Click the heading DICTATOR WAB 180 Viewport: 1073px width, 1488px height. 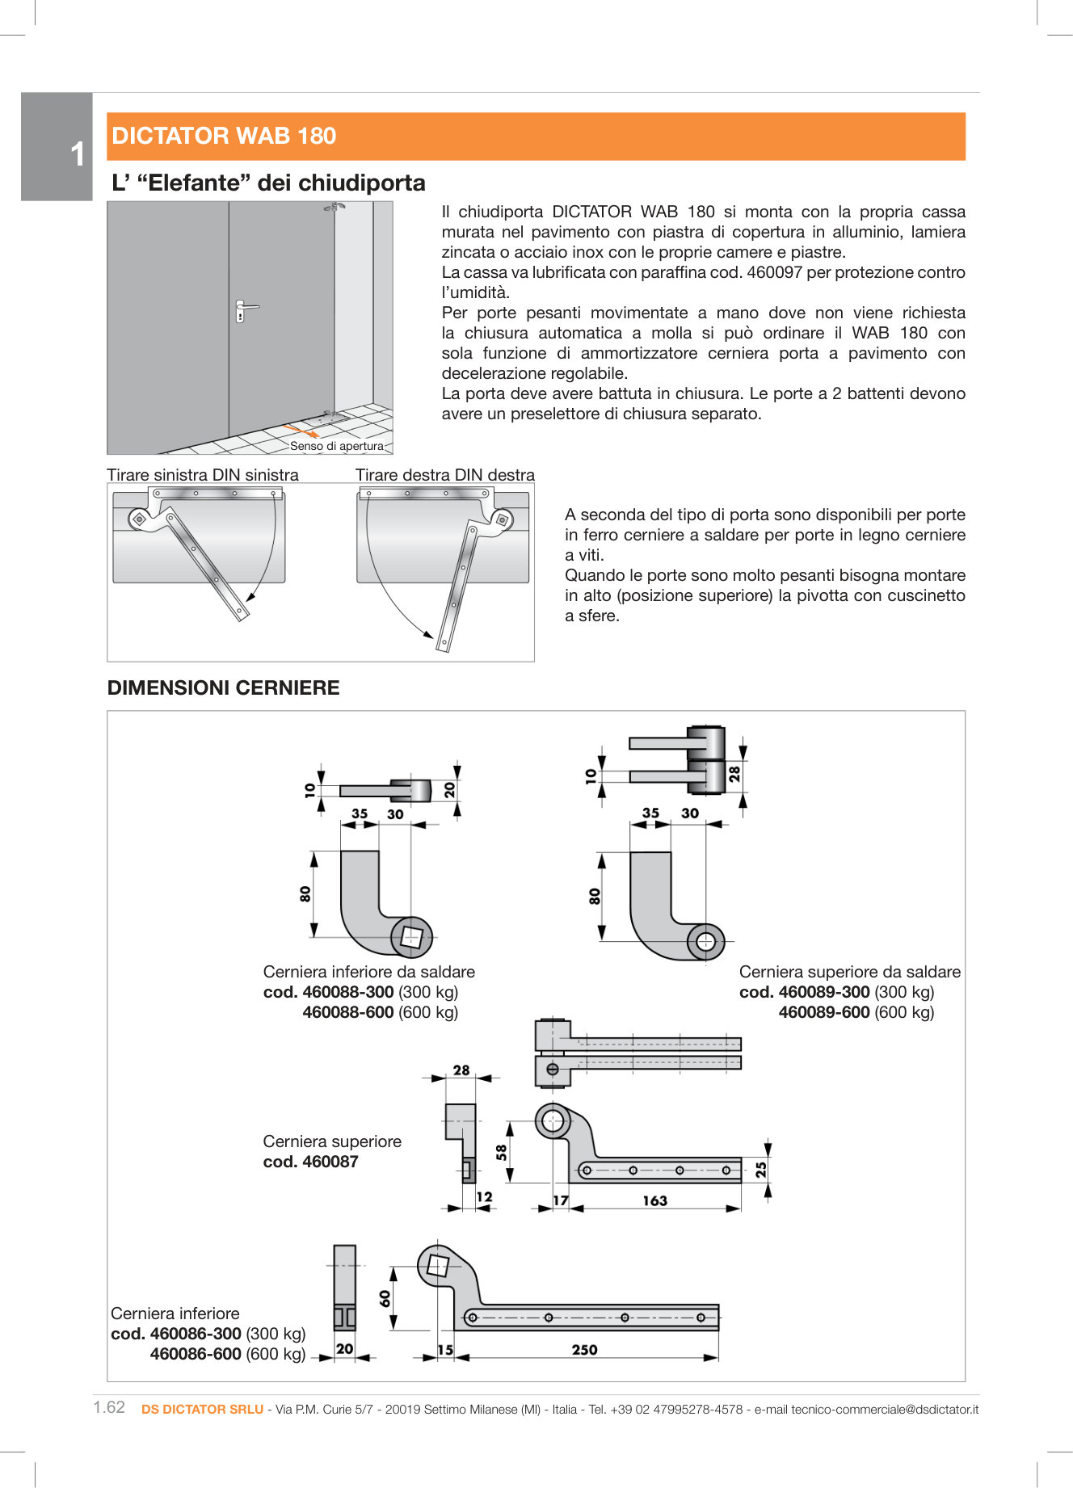pos(224,136)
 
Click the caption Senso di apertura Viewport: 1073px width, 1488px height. pos(336,446)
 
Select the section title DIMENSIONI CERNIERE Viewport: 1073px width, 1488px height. pos(223,687)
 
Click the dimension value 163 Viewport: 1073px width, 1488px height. pos(654,1200)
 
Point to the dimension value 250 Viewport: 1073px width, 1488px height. pos(584,1349)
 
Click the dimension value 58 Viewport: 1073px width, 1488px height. pos(502,1152)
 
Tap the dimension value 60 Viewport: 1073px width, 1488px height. pos(385,1298)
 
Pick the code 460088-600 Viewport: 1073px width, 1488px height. pos(347,1012)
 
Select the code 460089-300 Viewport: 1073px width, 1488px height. pos(823,992)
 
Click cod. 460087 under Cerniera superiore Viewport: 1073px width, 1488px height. pos(310,1162)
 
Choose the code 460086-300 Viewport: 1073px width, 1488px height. pos(195,1334)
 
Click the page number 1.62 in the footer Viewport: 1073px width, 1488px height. pos(109,1407)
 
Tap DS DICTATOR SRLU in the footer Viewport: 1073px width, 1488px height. pos(202,1409)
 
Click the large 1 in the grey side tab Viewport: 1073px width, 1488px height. pos(78,154)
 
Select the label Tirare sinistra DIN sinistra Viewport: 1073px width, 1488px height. pos(203,475)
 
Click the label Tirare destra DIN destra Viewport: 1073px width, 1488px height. pos(444,475)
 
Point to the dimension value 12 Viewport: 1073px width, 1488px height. pos(484,1197)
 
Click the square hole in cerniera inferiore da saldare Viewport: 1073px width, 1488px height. pos(412,937)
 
